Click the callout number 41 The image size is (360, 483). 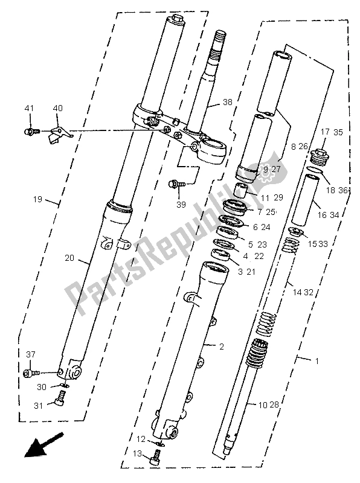point(28,109)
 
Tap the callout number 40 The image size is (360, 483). point(58,109)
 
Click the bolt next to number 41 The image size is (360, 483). point(31,130)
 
